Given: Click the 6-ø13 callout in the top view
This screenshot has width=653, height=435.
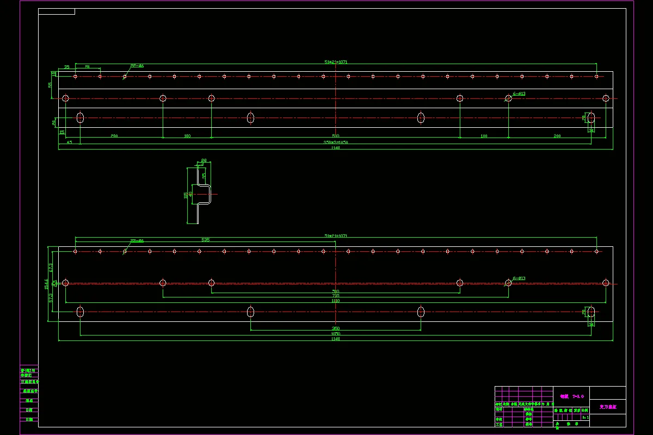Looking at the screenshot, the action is pyautogui.click(x=519, y=94).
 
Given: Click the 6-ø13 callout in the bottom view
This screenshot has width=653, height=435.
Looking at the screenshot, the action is pyautogui.click(x=519, y=278).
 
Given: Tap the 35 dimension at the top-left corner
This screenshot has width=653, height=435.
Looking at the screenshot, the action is pyautogui.click(x=67, y=67).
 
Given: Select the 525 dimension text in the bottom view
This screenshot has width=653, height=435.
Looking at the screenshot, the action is pyautogui.click(x=205, y=240).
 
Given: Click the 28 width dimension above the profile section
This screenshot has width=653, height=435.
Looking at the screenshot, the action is pyautogui.click(x=204, y=160).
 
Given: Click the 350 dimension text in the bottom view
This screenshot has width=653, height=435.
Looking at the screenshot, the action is pyautogui.click(x=336, y=328).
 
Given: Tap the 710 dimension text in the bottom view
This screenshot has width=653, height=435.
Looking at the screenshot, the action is pyautogui.click(x=336, y=296).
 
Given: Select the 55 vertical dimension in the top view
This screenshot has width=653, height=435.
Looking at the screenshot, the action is pyautogui.click(x=50, y=85).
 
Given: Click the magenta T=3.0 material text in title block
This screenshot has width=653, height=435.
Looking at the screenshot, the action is pyautogui.click(x=571, y=396).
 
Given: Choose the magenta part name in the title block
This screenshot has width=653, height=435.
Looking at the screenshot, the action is pyautogui.click(x=607, y=406).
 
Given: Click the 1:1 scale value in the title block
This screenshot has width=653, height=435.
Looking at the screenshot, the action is pyautogui.click(x=585, y=418).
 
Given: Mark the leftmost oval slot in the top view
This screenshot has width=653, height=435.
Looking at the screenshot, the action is pyautogui.click(x=81, y=117).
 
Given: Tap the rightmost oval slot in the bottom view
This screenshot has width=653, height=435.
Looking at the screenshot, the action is pyautogui.click(x=591, y=312).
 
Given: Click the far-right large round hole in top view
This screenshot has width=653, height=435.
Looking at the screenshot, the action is pyautogui.click(x=606, y=98).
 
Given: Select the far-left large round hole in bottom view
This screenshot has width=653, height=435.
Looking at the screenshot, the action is pyautogui.click(x=65, y=283).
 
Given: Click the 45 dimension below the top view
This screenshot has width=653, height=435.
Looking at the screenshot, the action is pyautogui.click(x=69, y=142).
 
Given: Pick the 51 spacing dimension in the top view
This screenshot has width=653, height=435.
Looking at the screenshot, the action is pyautogui.click(x=87, y=67).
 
